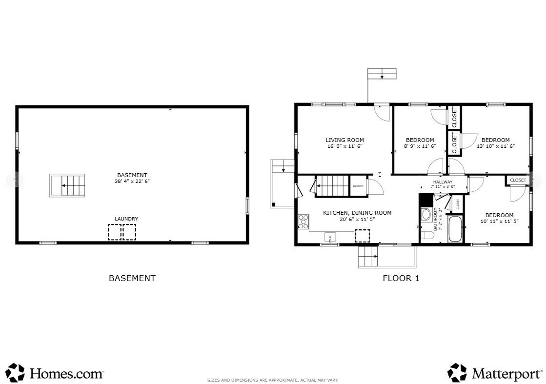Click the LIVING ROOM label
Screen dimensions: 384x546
tap(345, 140)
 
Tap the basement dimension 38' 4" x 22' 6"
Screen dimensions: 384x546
tap(132, 181)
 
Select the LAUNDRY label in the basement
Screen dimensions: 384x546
tap(126, 219)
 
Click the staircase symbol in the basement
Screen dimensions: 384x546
tap(67, 185)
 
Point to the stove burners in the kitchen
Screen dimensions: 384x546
tap(303, 222)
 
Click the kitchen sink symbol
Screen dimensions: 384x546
tap(330, 238)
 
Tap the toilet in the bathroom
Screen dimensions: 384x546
tap(427, 236)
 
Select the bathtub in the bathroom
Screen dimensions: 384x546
tap(455, 229)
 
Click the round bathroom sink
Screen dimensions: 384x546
tap(425, 214)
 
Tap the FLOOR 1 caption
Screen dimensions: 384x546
tap(401, 279)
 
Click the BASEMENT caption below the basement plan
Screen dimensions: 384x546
tap(132, 279)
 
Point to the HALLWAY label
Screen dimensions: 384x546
tap(443, 182)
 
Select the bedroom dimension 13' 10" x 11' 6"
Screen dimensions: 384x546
tap(495, 146)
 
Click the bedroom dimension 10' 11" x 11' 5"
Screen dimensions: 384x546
tap(499, 221)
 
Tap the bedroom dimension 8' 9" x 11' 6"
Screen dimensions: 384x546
tap(420, 146)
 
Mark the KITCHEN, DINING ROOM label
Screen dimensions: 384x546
tap(357, 213)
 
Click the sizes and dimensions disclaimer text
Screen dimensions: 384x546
tap(273, 380)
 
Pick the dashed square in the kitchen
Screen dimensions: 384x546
tap(362, 236)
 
